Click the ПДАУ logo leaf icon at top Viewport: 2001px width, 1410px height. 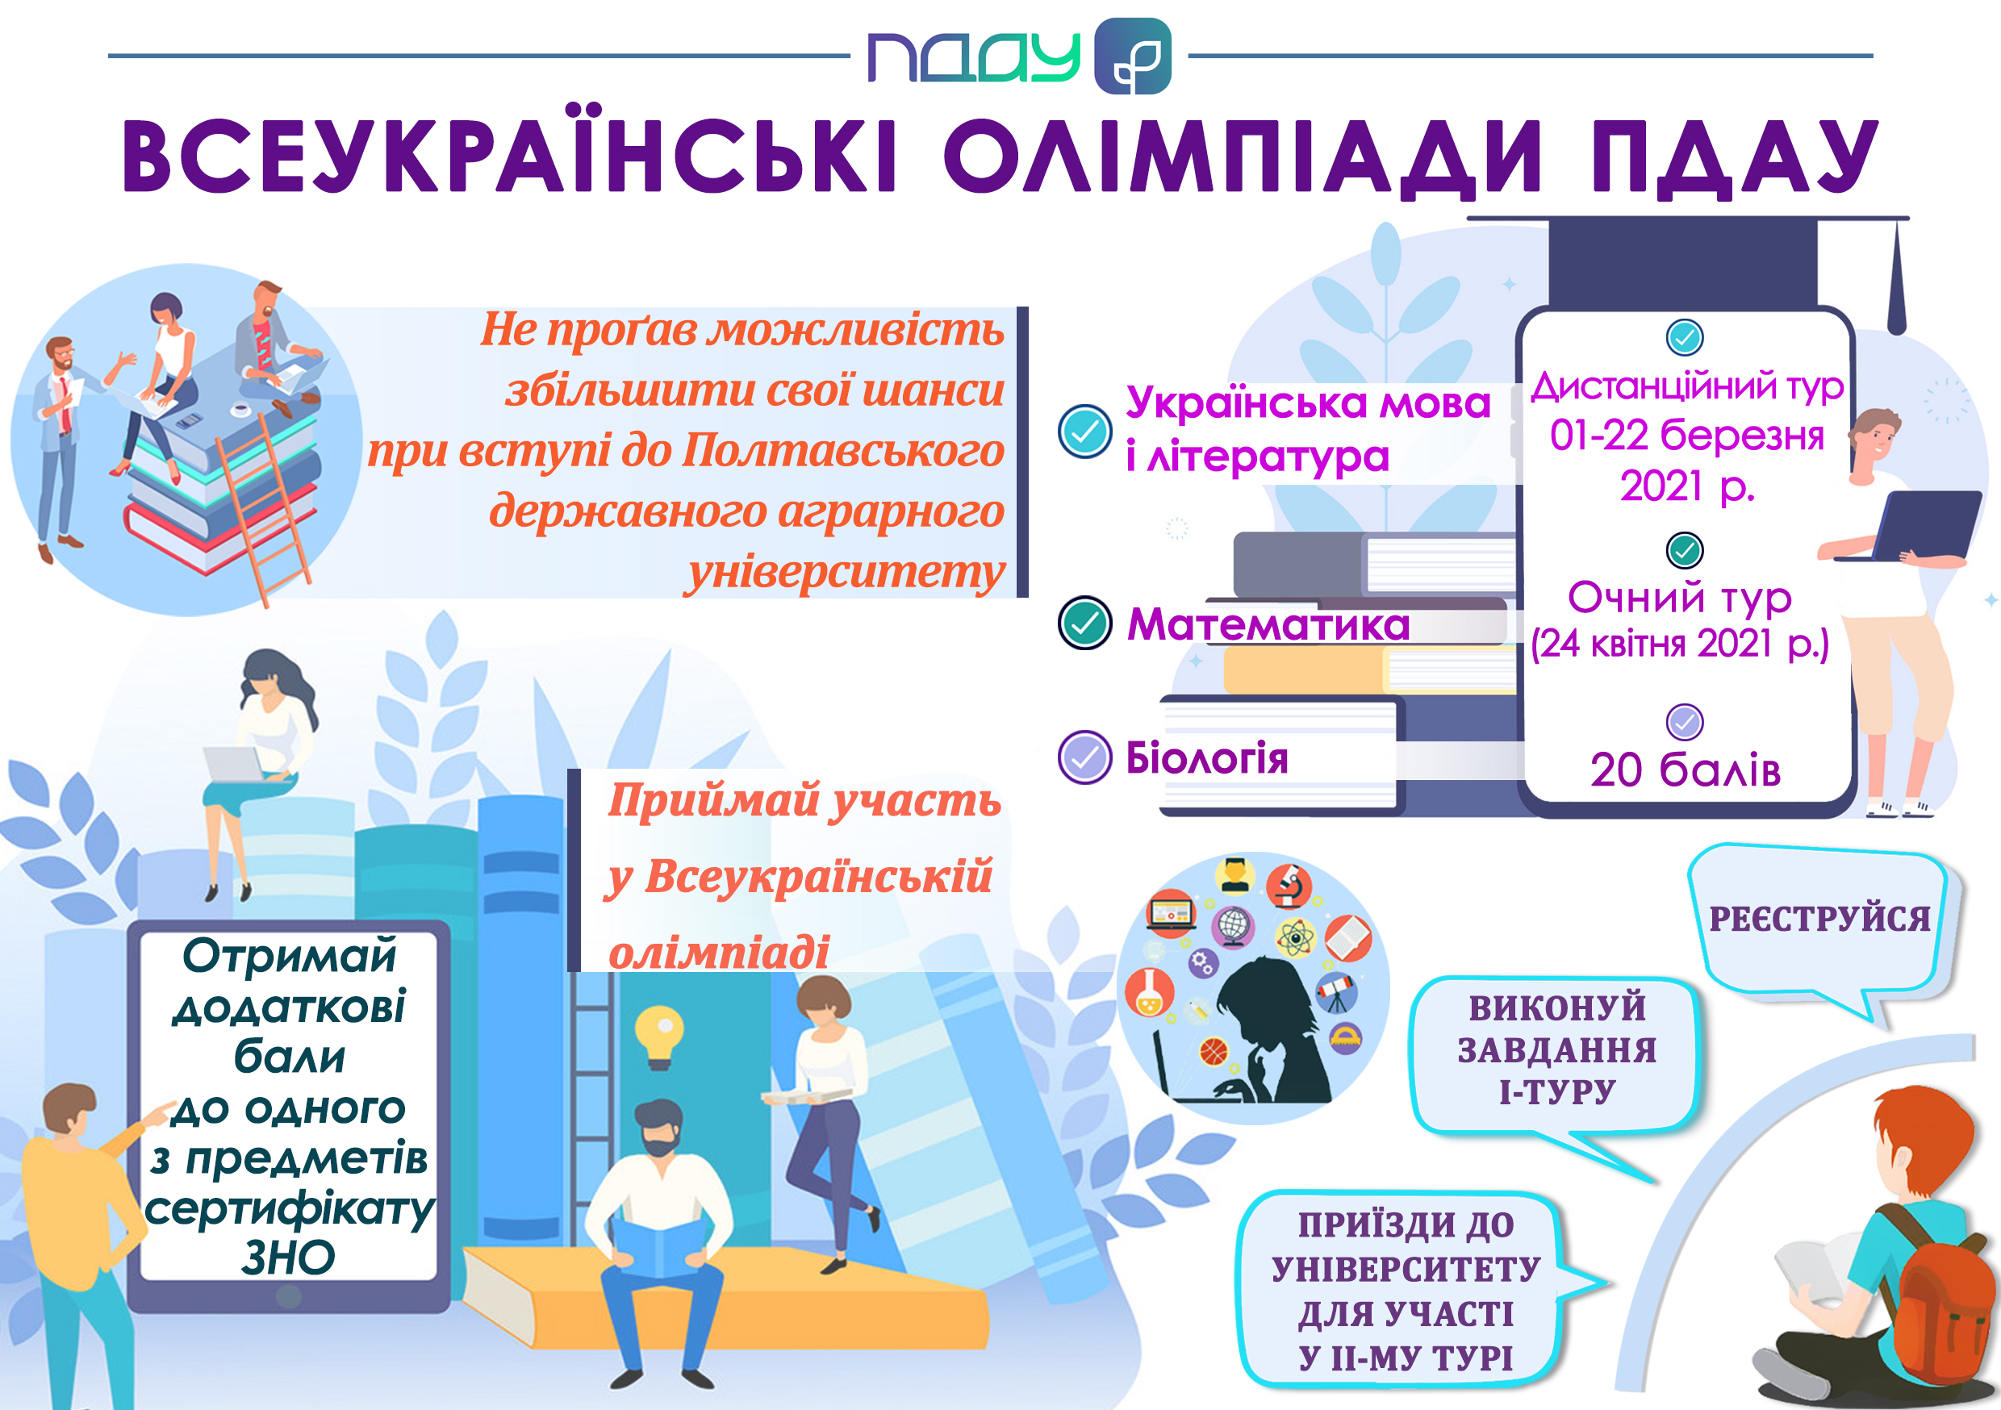click(x=1132, y=56)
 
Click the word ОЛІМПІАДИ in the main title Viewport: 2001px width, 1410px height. click(x=1242, y=156)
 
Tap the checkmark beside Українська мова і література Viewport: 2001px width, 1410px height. click(x=1085, y=432)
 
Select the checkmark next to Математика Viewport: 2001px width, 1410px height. click(x=1085, y=623)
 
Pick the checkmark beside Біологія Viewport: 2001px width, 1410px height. click(x=1085, y=757)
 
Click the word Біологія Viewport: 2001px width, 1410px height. click(x=1207, y=758)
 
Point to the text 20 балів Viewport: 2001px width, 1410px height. click(x=1686, y=770)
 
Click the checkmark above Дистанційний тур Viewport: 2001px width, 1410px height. click(x=1685, y=337)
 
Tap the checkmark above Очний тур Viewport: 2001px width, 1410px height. click(x=1685, y=550)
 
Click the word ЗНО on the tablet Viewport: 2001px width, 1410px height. click(x=289, y=1258)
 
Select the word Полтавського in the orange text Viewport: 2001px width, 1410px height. click(x=844, y=451)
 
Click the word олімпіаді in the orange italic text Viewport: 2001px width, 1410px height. click(x=719, y=952)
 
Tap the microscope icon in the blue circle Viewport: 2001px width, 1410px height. click(x=1289, y=886)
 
